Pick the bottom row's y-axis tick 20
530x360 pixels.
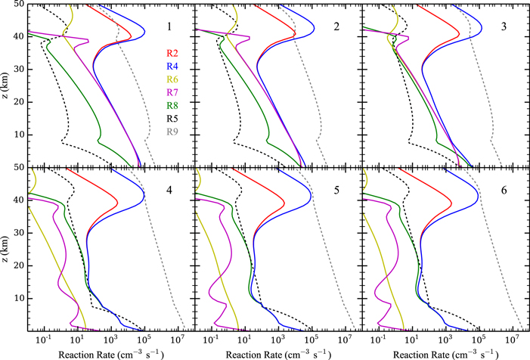pyautogui.click(x=16, y=265)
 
